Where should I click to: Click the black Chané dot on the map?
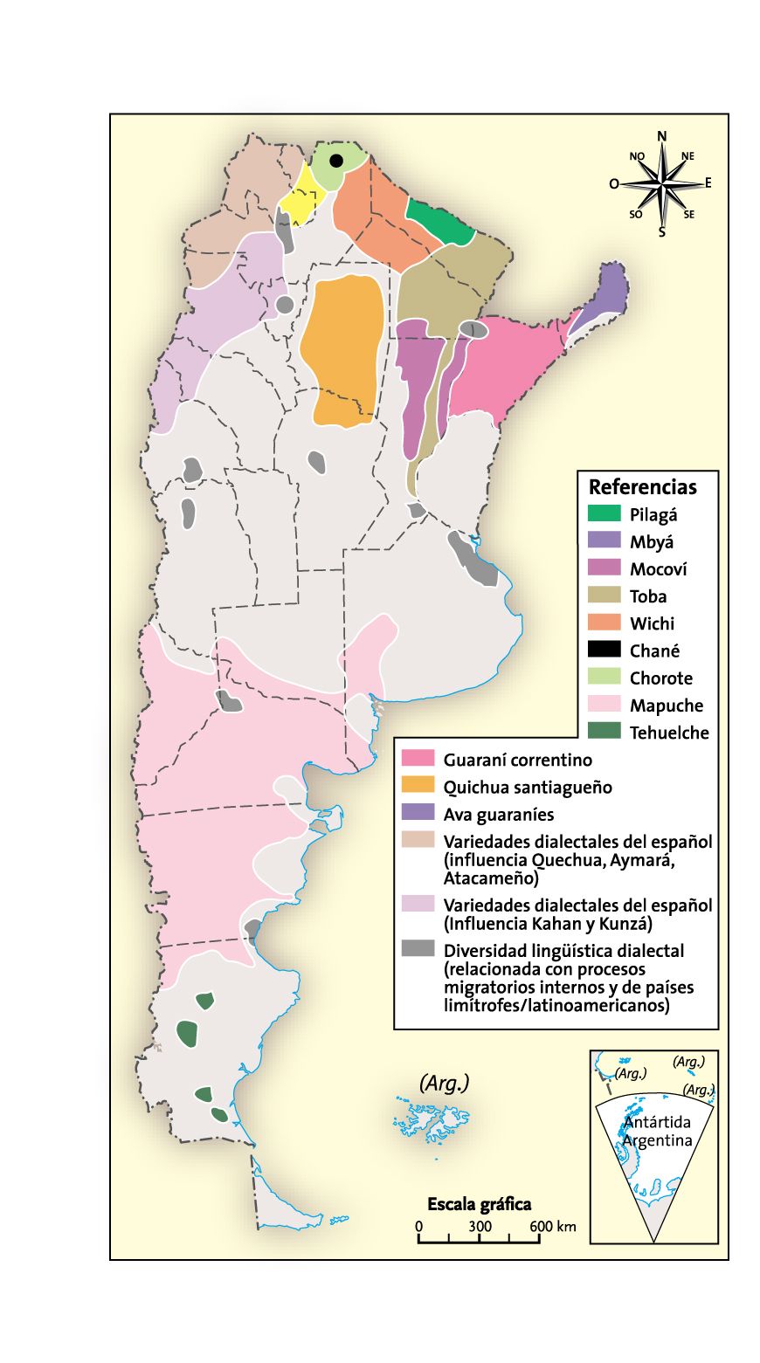pyautogui.click(x=335, y=160)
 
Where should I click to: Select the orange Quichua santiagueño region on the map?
pyautogui.click(x=342, y=349)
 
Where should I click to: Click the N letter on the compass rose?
pyautogui.click(x=661, y=135)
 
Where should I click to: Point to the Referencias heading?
pyautogui.click(x=642, y=487)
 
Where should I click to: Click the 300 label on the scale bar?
pyautogui.click(x=480, y=1226)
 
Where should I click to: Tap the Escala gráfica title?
pyautogui.click(x=479, y=1204)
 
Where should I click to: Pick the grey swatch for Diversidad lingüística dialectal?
pyautogui.click(x=418, y=950)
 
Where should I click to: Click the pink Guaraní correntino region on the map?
pyautogui.click(x=507, y=367)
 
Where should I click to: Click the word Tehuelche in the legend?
pyautogui.click(x=669, y=733)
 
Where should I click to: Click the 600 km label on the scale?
pyautogui.click(x=552, y=1226)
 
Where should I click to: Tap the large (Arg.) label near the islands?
pyautogui.click(x=445, y=1083)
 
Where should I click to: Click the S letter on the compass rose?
pyautogui.click(x=661, y=232)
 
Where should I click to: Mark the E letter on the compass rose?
pyautogui.click(x=708, y=182)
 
